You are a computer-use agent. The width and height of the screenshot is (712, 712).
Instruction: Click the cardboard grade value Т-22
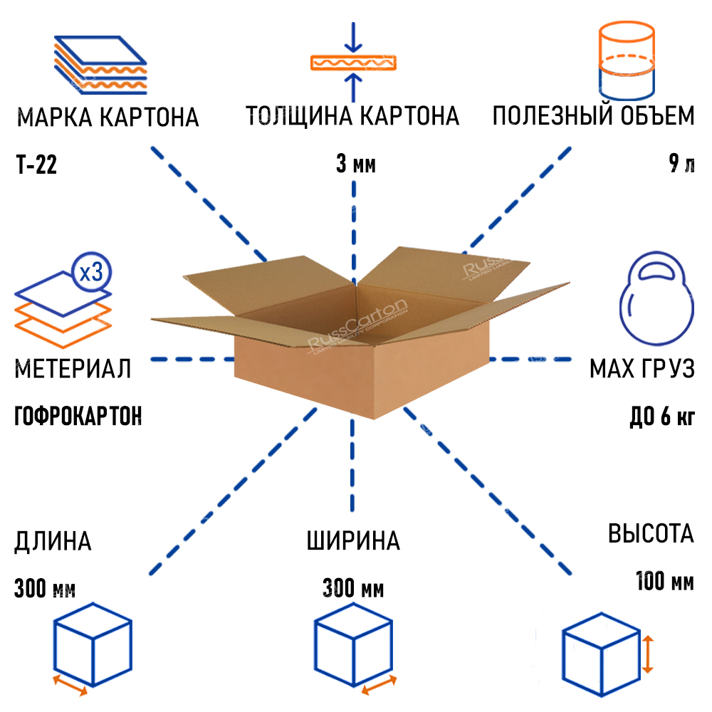tap(36, 165)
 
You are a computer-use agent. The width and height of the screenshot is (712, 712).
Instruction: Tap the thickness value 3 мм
tap(355, 165)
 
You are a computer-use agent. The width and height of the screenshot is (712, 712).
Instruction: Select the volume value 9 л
tap(681, 164)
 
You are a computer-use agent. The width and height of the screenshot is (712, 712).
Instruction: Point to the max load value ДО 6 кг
tap(662, 417)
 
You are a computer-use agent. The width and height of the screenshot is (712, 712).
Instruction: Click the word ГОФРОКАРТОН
tap(78, 416)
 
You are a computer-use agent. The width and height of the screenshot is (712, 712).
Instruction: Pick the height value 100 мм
tap(664, 581)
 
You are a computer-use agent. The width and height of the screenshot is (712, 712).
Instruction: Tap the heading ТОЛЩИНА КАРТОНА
tap(352, 116)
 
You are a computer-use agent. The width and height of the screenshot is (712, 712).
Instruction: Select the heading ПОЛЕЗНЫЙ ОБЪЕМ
tap(593, 116)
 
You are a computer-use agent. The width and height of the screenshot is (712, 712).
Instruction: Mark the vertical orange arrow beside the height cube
tap(647, 655)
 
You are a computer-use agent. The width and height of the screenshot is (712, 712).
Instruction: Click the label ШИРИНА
tap(353, 541)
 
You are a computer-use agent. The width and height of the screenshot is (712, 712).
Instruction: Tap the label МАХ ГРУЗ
tap(641, 370)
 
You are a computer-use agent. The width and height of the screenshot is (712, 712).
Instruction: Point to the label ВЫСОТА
tap(650, 534)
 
